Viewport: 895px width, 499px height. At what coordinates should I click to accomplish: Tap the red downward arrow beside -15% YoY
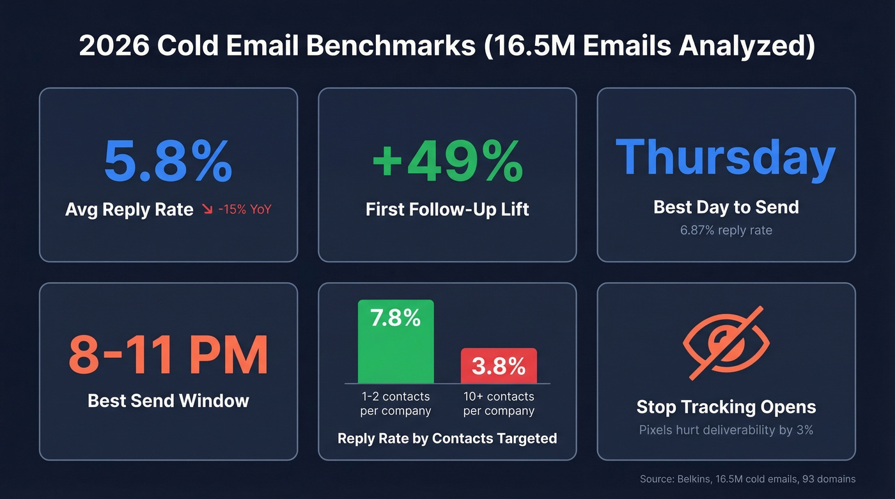click(x=207, y=210)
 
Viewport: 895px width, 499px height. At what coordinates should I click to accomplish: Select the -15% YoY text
click(x=245, y=210)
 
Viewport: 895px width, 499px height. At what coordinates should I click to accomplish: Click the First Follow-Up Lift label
click(x=447, y=209)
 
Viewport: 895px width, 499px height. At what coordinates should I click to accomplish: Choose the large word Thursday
click(x=726, y=158)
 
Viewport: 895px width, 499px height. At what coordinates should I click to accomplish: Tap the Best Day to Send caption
click(x=726, y=207)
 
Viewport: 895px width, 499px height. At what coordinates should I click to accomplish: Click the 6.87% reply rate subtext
click(x=726, y=230)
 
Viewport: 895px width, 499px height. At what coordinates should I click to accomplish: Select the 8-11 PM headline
click(x=168, y=355)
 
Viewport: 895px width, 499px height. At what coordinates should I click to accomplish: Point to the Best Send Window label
click(x=168, y=401)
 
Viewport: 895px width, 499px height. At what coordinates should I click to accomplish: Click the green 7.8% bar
click(x=396, y=342)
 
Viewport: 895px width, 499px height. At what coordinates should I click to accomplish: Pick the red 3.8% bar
click(x=499, y=365)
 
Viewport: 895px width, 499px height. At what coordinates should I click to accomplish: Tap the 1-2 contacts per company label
click(x=396, y=404)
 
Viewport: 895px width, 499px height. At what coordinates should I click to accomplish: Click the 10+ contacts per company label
click(x=499, y=404)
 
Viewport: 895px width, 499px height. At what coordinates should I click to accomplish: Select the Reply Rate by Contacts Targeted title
click(x=447, y=438)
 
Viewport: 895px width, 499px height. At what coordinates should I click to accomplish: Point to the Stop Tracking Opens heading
click(x=726, y=407)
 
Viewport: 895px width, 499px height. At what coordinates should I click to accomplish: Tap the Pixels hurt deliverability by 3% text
click(x=726, y=430)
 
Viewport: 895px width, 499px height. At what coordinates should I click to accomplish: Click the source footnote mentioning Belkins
click(x=747, y=479)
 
